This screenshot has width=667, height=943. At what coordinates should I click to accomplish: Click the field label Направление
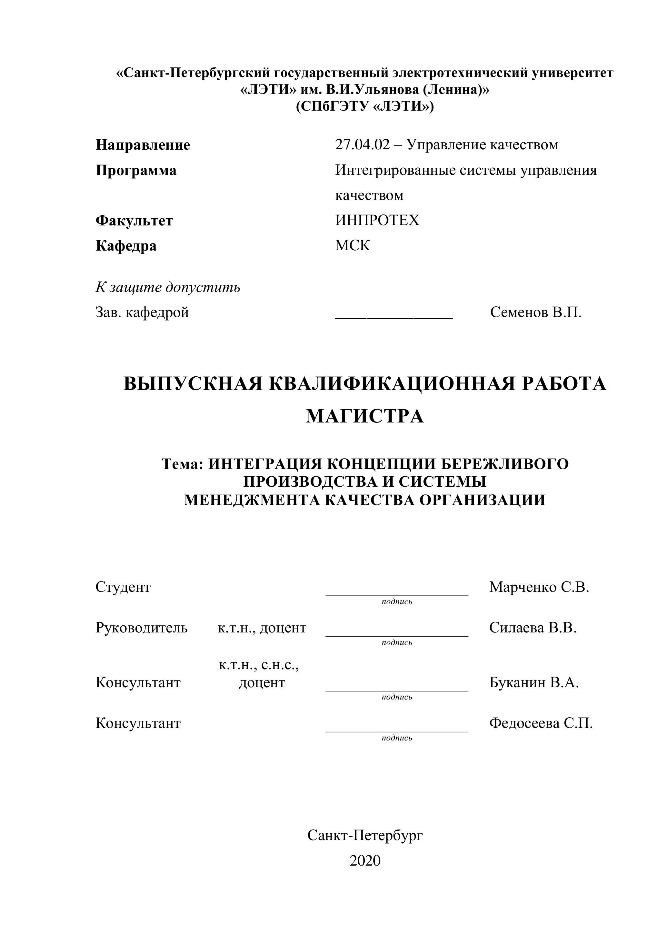click(x=143, y=145)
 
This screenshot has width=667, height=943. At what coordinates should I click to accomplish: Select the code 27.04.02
click(x=362, y=145)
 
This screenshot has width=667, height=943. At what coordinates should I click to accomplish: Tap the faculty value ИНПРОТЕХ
click(x=377, y=221)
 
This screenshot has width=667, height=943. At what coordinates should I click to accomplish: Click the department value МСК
click(x=353, y=246)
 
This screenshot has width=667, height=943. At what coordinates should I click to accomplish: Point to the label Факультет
click(x=134, y=221)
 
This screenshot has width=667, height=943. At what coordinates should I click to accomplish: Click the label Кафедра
click(x=126, y=246)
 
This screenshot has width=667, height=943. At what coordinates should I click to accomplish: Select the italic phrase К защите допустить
click(x=168, y=287)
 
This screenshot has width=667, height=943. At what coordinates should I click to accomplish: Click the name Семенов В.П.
click(x=536, y=313)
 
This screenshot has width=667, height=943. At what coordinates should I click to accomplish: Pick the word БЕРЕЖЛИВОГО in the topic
click(x=505, y=464)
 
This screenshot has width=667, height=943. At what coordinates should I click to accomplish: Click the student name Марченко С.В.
click(x=539, y=587)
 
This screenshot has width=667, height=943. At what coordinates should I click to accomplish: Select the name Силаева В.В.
click(x=533, y=628)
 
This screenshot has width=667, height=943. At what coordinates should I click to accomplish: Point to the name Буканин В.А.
click(x=534, y=682)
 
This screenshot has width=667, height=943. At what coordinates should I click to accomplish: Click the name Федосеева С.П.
click(x=541, y=723)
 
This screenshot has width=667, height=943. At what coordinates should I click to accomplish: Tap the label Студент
click(x=123, y=587)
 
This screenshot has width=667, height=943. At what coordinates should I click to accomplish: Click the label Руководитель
click(x=141, y=628)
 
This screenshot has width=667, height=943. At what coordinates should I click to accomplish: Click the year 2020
click(x=365, y=860)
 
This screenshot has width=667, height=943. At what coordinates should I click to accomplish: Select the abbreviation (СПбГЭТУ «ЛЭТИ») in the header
click(x=365, y=106)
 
